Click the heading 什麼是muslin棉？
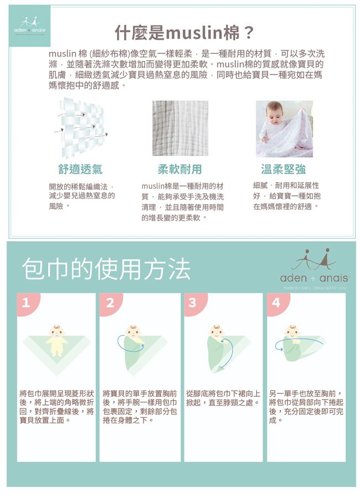184,33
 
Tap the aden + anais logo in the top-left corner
29,26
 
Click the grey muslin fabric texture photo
181,128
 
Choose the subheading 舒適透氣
80,169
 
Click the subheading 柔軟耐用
179,169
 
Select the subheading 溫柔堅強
283,169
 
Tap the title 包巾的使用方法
106,269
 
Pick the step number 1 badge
26,303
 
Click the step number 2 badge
110,303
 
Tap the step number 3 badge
193,303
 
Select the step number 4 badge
276,303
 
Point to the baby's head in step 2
133,332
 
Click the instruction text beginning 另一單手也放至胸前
306,406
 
